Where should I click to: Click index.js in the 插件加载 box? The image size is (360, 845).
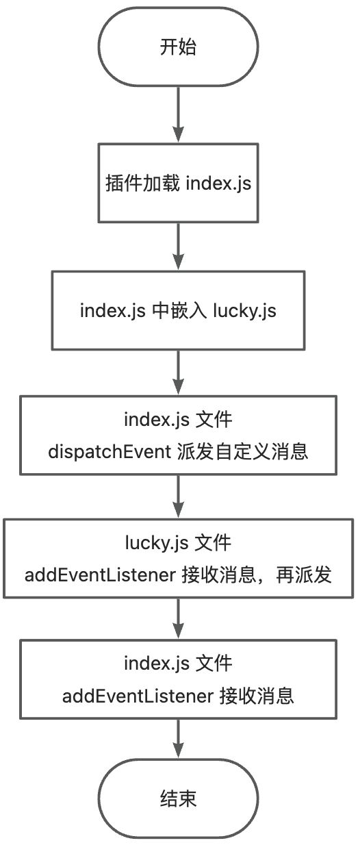[x=217, y=184]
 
